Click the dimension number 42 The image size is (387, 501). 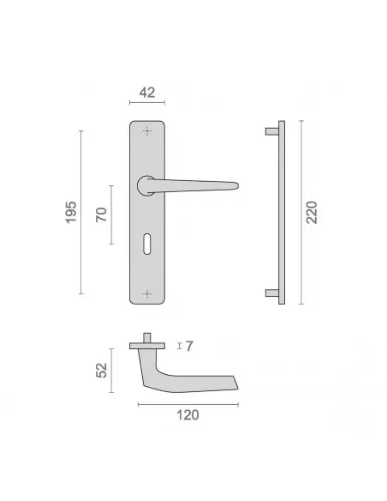pyautogui.click(x=147, y=93)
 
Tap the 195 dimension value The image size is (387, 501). pyautogui.click(x=71, y=212)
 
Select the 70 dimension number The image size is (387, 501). pyautogui.click(x=101, y=214)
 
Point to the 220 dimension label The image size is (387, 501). pyautogui.click(x=312, y=212)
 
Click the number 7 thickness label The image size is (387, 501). pyautogui.click(x=189, y=346)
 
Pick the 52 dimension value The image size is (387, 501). pyautogui.click(x=101, y=371)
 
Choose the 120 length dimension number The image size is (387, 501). pyautogui.click(x=188, y=415)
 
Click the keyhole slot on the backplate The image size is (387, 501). pyautogui.click(x=146, y=244)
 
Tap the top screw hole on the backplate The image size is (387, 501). pyautogui.click(x=146, y=131)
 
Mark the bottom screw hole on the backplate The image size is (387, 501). pyautogui.click(x=146, y=293)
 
